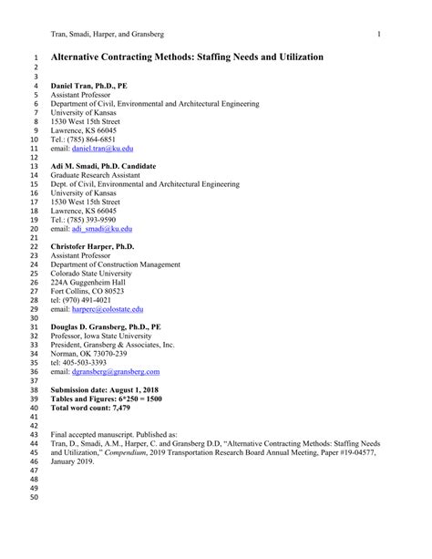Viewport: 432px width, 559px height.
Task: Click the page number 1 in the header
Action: (376, 35)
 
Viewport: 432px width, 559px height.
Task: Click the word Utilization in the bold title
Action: (295, 57)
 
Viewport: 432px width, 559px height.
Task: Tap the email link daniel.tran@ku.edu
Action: (103, 148)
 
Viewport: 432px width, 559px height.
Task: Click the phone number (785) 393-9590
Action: (94, 220)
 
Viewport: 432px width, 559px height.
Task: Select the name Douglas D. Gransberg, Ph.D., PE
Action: (106, 326)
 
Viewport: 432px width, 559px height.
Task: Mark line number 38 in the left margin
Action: (36, 389)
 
